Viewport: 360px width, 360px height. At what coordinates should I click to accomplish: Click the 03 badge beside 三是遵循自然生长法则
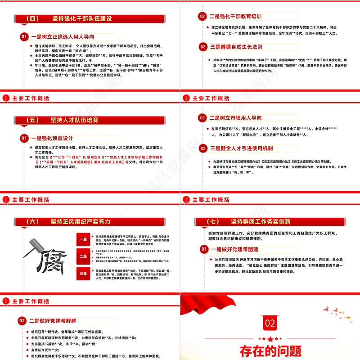click(203, 47)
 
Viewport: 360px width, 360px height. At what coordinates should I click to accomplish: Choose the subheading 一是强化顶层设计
click(51, 138)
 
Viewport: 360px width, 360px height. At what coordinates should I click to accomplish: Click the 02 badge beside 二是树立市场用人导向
click(203, 118)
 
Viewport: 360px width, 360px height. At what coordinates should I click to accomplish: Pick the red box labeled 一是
click(83, 240)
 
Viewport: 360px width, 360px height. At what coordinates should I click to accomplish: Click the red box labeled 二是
click(83, 256)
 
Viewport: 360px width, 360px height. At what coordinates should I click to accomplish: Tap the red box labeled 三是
click(83, 273)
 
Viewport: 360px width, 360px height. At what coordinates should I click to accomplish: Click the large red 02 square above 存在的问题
click(270, 323)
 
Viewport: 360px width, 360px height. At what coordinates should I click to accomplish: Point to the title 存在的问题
click(270, 350)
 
